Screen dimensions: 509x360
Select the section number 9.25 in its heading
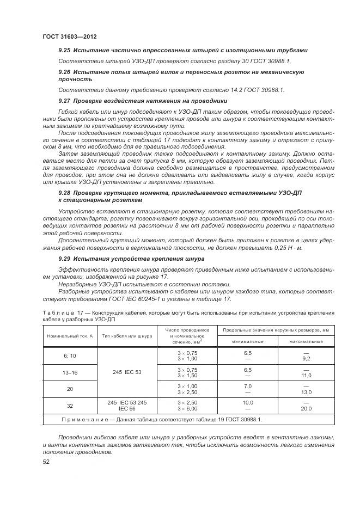coord(65,50)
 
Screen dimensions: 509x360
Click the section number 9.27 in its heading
coord(65,101)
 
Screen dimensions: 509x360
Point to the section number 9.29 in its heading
coord(65,259)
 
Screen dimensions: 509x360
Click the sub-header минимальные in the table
coord(247,341)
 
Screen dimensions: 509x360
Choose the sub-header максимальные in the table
coord(306,341)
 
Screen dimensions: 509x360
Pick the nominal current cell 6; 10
coord(70,355)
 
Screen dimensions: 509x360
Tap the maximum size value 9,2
coord(306,359)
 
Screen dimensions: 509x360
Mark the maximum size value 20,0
coord(306,408)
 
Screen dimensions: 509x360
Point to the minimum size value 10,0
coord(247,402)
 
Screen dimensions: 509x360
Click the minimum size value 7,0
coord(247,385)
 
